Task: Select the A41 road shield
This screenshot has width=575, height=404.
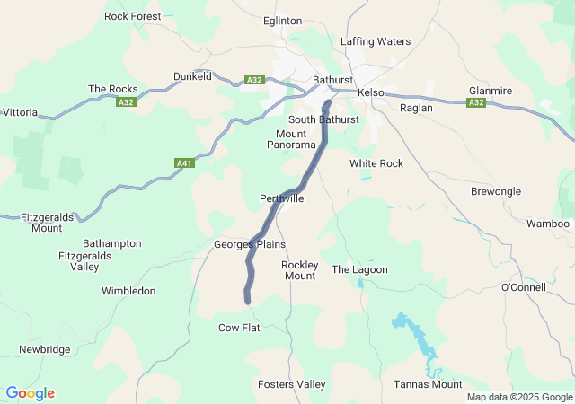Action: pyautogui.click(x=184, y=163)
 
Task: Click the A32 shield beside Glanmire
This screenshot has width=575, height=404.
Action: pyautogui.click(x=475, y=103)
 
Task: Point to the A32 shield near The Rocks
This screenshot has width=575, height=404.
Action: pyautogui.click(x=125, y=103)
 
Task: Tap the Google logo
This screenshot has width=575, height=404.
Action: pyautogui.click(x=30, y=393)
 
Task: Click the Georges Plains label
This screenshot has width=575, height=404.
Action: pyautogui.click(x=249, y=244)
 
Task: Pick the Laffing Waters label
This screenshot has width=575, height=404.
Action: pyautogui.click(x=376, y=41)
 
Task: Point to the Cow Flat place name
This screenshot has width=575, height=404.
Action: pyautogui.click(x=239, y=328)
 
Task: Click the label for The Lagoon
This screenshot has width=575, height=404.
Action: pyautogui.click(x=359, y=269)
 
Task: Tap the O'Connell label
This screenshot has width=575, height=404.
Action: pyautogui.click(x=523, y=287)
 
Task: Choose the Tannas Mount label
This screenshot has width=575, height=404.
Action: pyautogui.click(x=428, y=384)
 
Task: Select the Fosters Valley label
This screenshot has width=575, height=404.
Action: pyautogui.click(x=292, y=384)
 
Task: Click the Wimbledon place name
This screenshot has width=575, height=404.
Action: pyautogui.click(x=128, y=291)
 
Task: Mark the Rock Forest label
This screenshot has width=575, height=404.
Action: pyautogui.click(x=133, y=16)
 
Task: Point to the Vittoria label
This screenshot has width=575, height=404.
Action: pyautogui.click(x=19, y=112)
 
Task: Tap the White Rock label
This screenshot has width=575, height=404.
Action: pyautogui.click(x=376, y=163)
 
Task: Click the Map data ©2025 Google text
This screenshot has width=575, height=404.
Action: pyautogui.click(x=518, y=397)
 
